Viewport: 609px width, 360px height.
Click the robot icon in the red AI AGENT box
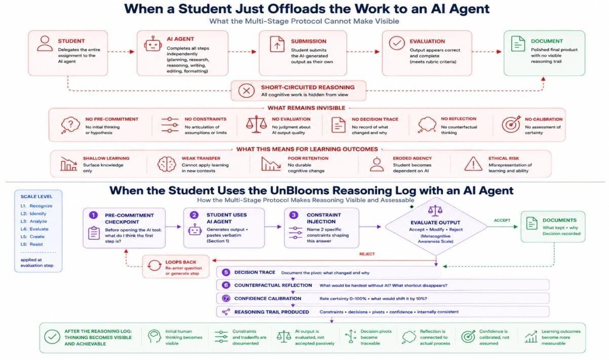click(x=153, y=44)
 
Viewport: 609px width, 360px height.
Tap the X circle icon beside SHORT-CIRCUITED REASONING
click(x=246, y=91)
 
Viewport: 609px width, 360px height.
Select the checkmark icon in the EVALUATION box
click(x=397, y=43)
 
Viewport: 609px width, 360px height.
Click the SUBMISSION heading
click(x=309, y=42)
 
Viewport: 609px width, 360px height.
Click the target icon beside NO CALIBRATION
click(x=511, y=124)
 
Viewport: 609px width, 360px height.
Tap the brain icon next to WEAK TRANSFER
click(x=166, y=164)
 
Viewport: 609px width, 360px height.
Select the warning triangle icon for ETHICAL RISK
click(x=473, y=164)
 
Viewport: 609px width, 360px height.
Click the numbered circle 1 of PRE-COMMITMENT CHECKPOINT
click(x=93, y=215)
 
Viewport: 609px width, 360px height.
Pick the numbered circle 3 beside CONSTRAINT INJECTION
click(x=294, y=215)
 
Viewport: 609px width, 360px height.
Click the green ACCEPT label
click(x=502, y=220)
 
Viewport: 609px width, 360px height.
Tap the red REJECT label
click(x=367, y=254)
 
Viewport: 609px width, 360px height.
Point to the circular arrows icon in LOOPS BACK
click(x=154, y=266)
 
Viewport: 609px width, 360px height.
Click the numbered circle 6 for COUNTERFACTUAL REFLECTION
click(x=225, y=285)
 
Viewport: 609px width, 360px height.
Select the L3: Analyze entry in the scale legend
click(x=34, y=221)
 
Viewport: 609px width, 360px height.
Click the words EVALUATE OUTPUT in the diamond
click(x=435, y=223)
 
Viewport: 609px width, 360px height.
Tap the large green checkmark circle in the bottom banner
click(x=52, y=337)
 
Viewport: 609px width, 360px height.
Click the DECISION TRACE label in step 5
click(x=255, y=272)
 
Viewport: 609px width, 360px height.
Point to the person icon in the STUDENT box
click(x=45, y=44)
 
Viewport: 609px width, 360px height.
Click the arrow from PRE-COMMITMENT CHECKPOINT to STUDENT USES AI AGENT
click(x=173, y=227)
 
